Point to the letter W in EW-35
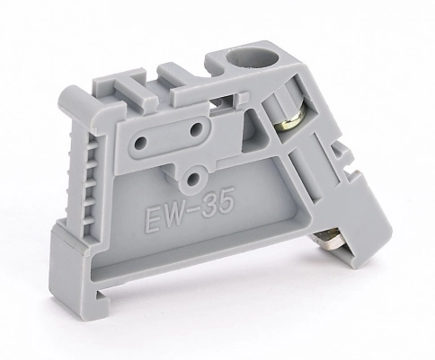click(x=173, y=216)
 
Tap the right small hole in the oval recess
click(x=197, y=129)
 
